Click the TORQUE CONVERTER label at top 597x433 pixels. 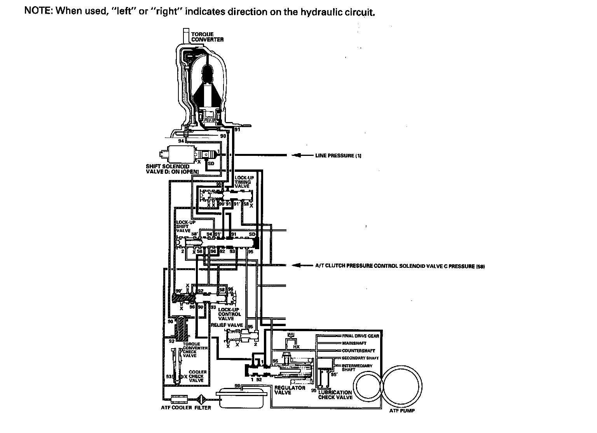pos(207,37)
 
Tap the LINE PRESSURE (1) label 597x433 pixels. pos(338,156)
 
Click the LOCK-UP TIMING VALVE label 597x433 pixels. pos(243,182)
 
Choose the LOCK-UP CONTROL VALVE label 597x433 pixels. pos(229,314)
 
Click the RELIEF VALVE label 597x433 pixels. pos(227,325)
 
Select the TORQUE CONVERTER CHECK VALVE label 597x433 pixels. pos(195,350)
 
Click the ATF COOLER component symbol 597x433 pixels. pos(179,398)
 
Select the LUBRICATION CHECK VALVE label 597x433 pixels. pos(335,395)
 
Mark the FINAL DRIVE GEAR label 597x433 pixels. pos(360,336)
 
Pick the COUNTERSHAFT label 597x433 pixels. pos(358,351)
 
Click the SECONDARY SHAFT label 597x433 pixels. pos(360,358)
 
